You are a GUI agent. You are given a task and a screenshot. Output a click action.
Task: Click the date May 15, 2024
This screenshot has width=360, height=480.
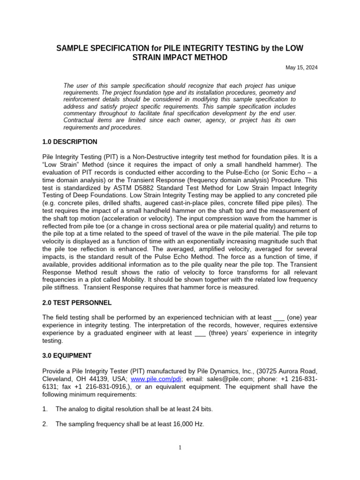301,67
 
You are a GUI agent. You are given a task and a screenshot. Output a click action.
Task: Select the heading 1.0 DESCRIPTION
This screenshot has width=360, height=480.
70,142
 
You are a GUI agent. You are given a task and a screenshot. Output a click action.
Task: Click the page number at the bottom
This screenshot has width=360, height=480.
180,448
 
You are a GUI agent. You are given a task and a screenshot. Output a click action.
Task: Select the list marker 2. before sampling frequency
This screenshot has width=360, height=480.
45,424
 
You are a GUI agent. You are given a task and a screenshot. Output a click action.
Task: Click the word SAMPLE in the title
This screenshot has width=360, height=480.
73,48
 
